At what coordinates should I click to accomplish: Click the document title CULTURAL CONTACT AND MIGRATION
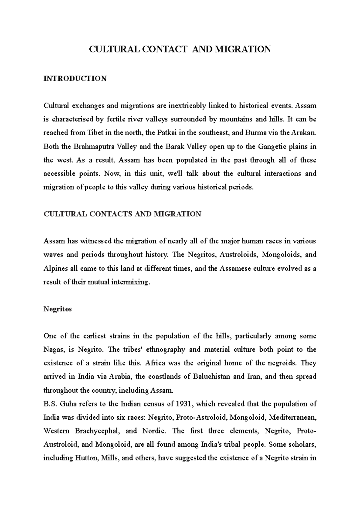180,49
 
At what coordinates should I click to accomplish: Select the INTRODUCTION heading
75,79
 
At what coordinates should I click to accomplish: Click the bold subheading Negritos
58,309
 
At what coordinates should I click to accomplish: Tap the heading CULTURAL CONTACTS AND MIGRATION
122,214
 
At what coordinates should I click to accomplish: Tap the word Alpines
55,268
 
